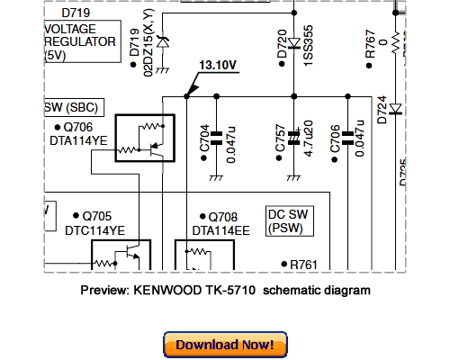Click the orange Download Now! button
tap(225, 345)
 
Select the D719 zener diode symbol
tap(162, 40)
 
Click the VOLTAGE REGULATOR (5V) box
tap(81, 41)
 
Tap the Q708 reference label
tap(224, 217)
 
